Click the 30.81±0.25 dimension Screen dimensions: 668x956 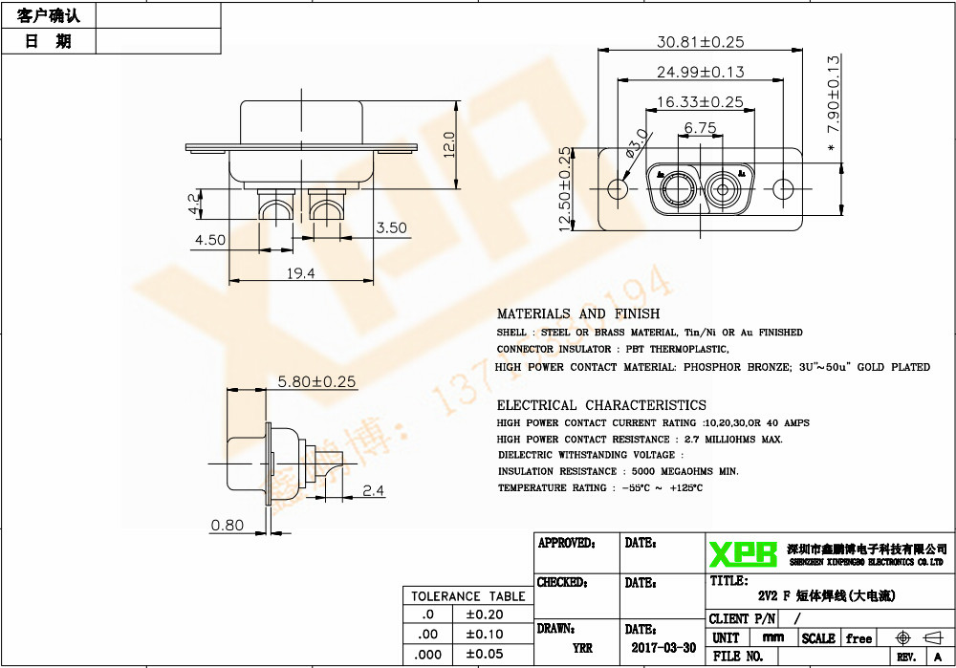(700, 42)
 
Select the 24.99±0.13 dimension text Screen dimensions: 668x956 (700, 72)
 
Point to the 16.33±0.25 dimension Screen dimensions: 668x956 (700, 101)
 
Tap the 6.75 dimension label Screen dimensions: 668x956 (700, 127)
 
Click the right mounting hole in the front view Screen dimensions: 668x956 (783, 188)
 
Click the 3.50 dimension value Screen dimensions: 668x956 (391, 227)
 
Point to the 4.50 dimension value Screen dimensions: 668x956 (209, 240)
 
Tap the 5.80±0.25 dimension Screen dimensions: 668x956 (315, 381)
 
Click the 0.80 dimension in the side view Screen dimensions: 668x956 (227, 525)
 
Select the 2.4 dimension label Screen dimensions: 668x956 (374, 491)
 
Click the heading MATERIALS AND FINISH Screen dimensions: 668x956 (577, 313)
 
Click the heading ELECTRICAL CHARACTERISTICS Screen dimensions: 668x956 (601, 405)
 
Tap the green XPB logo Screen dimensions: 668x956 (743, 553)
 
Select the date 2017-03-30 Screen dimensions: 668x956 (663, 647)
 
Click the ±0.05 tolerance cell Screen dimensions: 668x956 (484, 654)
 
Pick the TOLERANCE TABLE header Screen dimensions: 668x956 (467, 596)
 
